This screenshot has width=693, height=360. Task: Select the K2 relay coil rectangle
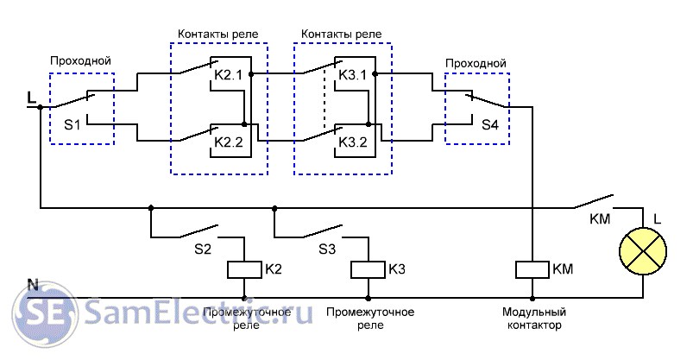tap(244, 269)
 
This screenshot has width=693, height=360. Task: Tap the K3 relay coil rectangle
tap(369, 269)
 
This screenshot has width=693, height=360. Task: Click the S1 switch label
tap(72, 124)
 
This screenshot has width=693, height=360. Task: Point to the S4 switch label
tap(489, 124)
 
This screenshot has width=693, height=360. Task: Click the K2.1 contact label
tap(229, 75)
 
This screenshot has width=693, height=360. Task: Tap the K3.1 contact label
tap(353, 75)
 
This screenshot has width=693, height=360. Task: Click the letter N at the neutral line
tap(33, 284)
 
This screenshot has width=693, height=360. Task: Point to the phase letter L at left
tap(32, 98)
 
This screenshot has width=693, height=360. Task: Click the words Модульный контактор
tap(534, 319)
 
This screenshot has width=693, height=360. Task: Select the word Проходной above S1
tap(81, 61)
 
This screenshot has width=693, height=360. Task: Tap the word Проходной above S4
tap(476, 63)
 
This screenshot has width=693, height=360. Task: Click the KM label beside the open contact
tap(599, 218)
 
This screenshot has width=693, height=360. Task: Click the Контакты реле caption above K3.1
tap(341, 34)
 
